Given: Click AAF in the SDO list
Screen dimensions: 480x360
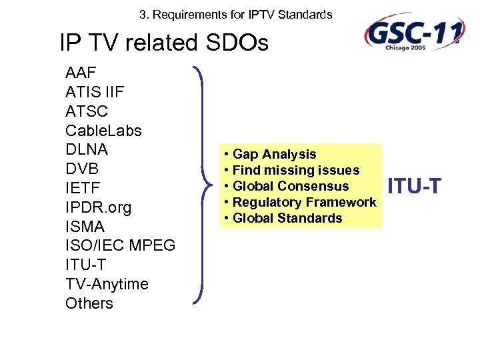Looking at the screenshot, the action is click(80, 73).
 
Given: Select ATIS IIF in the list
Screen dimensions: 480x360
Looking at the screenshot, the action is click(95, 92).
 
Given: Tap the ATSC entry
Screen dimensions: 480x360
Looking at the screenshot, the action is click(87, 111).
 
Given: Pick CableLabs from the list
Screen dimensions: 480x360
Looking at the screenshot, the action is click(103, 131).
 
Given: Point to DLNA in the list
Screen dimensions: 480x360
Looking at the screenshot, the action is click(87, 149).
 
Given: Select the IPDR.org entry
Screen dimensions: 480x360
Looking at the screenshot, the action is click(98, 207).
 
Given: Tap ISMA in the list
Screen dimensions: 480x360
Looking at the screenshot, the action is click(85, 227).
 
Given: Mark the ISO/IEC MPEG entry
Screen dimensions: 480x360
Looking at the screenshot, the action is click(120, 246).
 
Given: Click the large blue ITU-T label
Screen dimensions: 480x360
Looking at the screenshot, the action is click(414, 186).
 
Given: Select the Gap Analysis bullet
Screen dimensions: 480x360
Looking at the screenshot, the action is click(274, 155).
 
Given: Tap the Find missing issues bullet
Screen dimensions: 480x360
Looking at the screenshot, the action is click(295, 171).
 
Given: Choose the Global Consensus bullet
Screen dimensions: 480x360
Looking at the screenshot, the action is click(290, 186).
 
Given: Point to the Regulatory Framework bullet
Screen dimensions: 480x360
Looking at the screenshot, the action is click(304, 202).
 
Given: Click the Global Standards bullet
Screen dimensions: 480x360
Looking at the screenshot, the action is click(287, 218).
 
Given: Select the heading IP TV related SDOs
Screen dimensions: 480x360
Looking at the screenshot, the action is click(164, 43).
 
